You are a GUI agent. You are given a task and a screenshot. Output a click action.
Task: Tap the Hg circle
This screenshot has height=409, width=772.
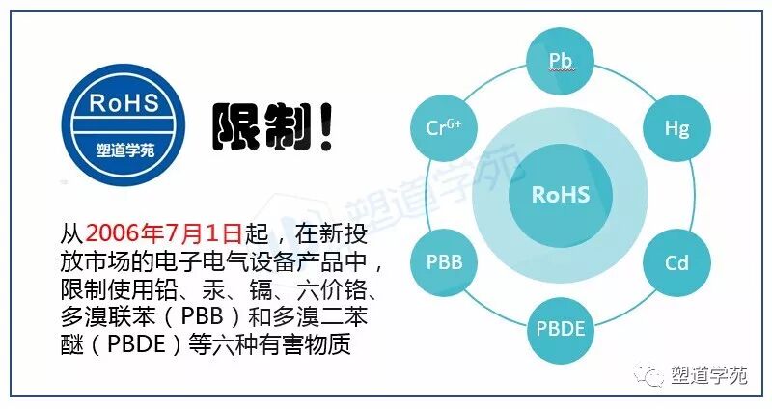click(x=676, y=127)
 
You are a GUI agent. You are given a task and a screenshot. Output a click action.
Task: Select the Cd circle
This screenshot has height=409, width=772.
click(x=676, y=261)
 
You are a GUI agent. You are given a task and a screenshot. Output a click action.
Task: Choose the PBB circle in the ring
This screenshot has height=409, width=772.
click(x=444, y=261)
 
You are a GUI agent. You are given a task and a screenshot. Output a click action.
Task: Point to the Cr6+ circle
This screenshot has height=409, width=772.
click(x=444, y=127)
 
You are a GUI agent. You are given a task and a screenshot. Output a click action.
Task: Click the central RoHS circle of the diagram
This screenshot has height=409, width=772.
click(x=561, y=194)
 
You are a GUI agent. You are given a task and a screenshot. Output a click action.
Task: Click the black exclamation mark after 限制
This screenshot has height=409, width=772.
click(x=324, y=127)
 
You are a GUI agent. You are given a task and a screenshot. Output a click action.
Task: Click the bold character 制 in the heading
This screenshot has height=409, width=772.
click(x=284, y=128)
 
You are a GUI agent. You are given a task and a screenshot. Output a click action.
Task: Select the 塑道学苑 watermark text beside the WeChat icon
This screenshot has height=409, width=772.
click(x=709, y=377)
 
